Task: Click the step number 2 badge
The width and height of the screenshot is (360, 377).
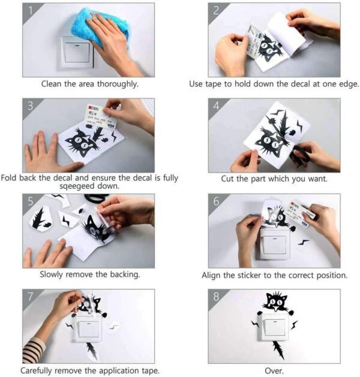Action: [x=216, y=11]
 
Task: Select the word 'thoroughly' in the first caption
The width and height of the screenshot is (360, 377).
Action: [x=118, y=84]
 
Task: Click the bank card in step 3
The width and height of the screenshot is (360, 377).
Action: [x=101, y=117]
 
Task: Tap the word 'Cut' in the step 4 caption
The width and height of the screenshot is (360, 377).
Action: [x=227, y=179]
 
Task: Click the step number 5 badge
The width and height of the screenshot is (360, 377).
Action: [x=31, y=201]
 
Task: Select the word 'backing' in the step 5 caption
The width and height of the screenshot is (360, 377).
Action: [x=125, y=275]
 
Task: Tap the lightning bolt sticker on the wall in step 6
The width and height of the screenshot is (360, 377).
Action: [x=303, y=242]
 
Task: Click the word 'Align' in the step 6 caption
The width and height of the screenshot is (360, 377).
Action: [x=211, y=275]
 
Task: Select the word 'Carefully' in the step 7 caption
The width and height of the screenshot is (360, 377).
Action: [x=37, y=370]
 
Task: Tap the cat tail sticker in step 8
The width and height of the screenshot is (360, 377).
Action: [x=278, y=350]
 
